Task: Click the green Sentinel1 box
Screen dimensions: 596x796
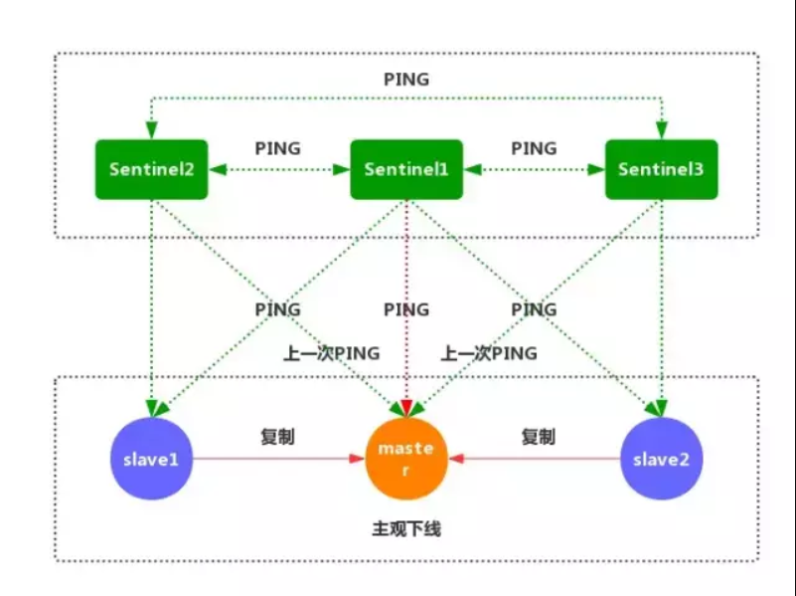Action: point(406,169)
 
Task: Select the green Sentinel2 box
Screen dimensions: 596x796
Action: point(151,169)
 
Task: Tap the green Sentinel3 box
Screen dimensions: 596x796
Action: point(661,169)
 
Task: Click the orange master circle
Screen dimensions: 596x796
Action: point(405,459)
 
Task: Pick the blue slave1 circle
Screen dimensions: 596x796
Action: point(150,459)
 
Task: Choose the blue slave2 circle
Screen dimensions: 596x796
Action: point(661,459)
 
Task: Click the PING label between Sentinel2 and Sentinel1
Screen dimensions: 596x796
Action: point(278,148)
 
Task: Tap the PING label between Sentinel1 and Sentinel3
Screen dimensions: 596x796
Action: point(534,148)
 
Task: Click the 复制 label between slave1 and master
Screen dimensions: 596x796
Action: point(277,437)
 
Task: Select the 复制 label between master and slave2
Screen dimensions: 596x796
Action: point(538,437)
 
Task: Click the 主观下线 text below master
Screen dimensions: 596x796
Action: point(405,529)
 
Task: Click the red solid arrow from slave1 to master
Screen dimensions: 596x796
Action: point(278,459)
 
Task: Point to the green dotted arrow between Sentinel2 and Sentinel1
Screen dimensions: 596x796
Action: point(278,170)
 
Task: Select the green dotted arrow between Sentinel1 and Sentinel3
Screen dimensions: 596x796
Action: point(534,170)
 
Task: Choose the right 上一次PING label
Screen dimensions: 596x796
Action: point(489,353)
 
